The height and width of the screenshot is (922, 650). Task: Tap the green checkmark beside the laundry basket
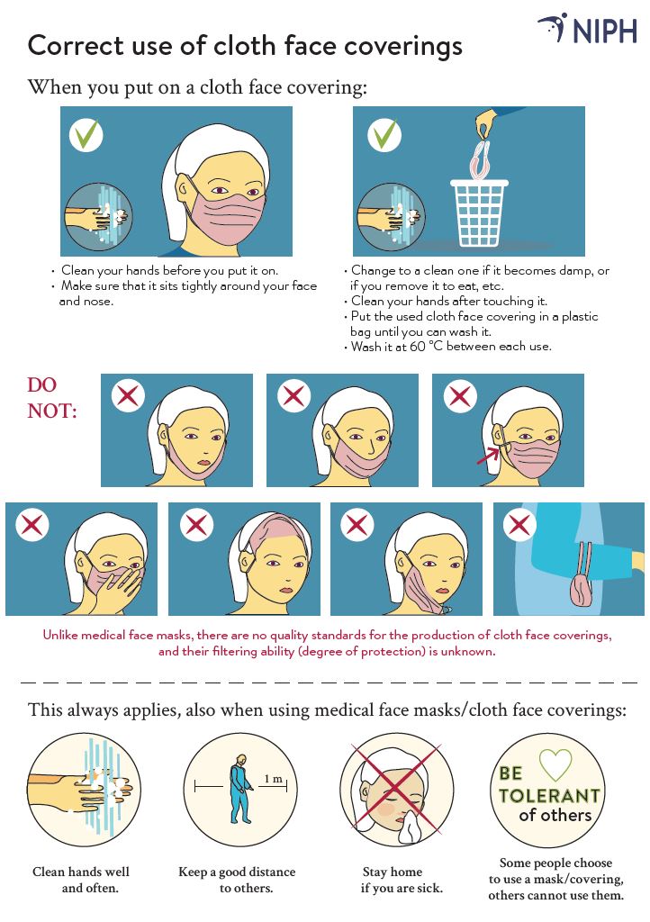click(384, 135)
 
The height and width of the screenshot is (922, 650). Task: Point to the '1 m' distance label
click(272, 778)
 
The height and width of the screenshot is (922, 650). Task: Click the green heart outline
click(555, 765)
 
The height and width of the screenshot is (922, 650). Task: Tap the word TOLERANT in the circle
click(549, 796)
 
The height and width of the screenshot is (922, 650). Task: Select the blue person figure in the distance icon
click(238, 791)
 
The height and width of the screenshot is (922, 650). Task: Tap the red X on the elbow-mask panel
click(519, 525)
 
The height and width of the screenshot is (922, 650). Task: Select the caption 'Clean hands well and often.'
click(81, 880)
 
